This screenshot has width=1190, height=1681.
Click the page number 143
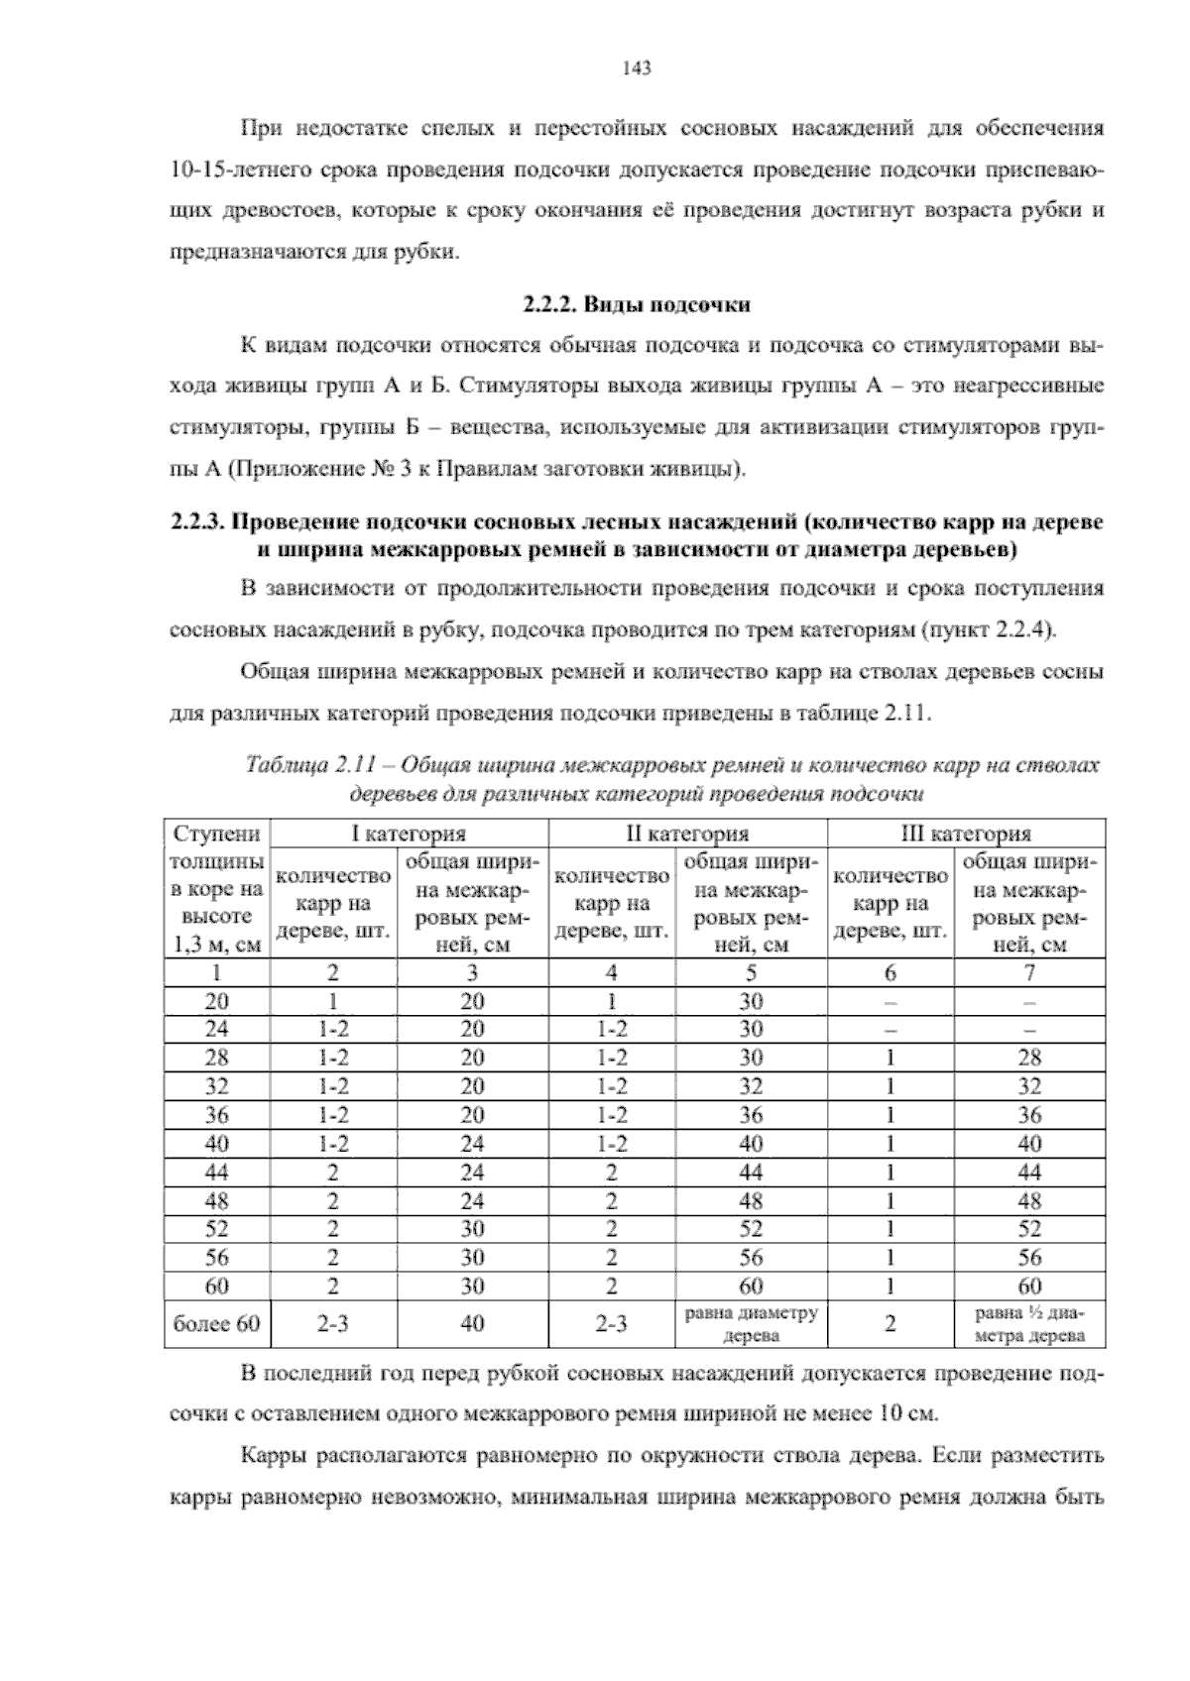pos(635,68)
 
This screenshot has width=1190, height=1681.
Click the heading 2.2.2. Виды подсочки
pos(635,304)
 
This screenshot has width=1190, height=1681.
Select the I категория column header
pos(410,834)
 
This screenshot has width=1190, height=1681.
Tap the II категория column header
pos(687,834)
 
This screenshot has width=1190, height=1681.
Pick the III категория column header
pos(966,834)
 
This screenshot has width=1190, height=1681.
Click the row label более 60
pos(217,1324)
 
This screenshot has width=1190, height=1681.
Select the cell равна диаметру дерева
pos(751,1324)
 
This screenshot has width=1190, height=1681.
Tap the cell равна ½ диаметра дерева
pos(1029,1324)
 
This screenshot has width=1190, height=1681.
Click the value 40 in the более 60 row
pos(472,1324)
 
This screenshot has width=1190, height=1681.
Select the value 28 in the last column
pos(1029,1059)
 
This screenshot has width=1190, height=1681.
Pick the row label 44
pos(217,1174)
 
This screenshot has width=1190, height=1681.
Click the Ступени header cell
pos(217,834)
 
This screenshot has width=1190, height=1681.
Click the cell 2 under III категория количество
pos(890,1324)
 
